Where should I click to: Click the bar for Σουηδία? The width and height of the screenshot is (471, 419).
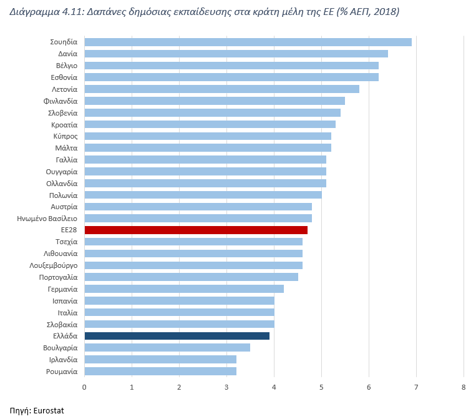248,42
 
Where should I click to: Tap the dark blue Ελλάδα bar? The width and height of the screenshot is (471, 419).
177,336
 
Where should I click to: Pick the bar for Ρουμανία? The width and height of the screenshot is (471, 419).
160,371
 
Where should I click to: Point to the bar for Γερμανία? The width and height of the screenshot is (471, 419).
184,288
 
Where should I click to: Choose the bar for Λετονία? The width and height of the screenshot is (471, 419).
221,89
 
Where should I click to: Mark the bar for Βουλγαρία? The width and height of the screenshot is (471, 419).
167,347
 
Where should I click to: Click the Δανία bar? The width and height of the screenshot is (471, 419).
236,54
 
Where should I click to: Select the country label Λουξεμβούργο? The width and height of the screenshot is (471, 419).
52,265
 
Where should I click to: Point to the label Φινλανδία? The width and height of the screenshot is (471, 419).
61,101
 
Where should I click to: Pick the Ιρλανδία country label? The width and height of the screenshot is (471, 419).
63,360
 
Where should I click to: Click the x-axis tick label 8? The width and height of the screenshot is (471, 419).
464,388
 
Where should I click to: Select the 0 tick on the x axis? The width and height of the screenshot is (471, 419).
84,388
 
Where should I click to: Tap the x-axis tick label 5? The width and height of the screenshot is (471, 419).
321,388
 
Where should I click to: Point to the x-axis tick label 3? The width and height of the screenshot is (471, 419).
226,388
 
